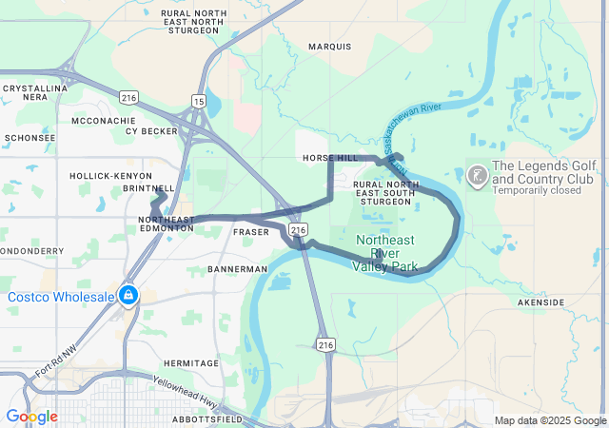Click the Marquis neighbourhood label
[x=330, y=46]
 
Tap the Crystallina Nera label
[x=27, y=92]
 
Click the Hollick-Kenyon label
[x=109, y=176]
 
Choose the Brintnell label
[x=149, y=188]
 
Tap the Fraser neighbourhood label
[x=249, y=232]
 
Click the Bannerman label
[x=238, y=269]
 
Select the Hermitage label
[x=190, y=363]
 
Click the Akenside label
[x=541, y=302]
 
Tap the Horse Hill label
[x=329, y=157]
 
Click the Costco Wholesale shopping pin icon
[x=128, y=295]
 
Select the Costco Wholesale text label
[x=61, y=297]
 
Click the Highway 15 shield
[x=197, y=100]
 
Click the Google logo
[x=31, y=417]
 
